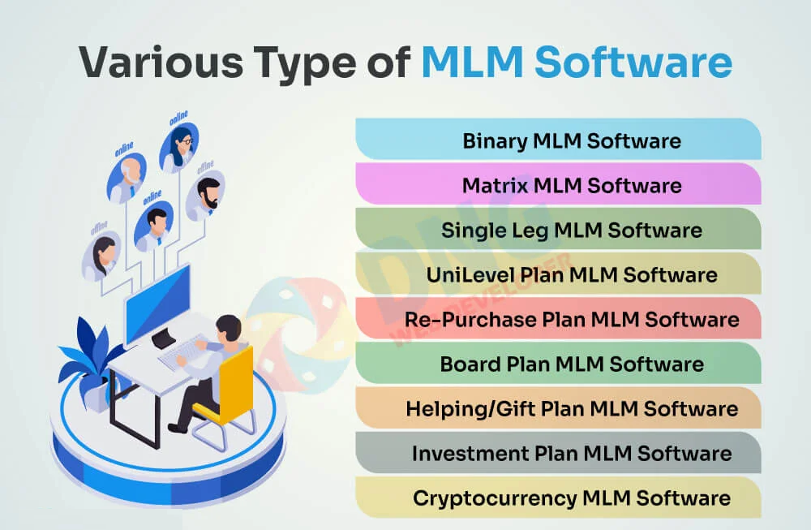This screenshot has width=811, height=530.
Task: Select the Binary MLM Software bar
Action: click(x=571, y=140)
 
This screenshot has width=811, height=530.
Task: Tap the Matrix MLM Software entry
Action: click(x=571, y=185)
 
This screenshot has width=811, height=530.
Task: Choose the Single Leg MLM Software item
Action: click(x=571, y=230)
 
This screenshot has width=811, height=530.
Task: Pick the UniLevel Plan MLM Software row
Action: click(x=571, y=274)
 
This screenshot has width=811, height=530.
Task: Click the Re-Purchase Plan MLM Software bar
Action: click(x=571, y=319)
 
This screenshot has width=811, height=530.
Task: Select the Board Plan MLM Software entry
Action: click(x=571, y=364)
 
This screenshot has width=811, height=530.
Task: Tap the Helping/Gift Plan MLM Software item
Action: click(x=571, y=408)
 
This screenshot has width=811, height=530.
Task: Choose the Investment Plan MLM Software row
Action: click(x=571, y=453)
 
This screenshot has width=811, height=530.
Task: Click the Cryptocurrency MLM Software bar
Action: click(x=571, y=498)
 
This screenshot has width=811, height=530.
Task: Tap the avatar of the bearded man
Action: click(x=207, y=196)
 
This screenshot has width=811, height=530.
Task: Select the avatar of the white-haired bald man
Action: click(x=128, y=179)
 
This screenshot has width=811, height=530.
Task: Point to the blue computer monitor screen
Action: click(x=159, y=295)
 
